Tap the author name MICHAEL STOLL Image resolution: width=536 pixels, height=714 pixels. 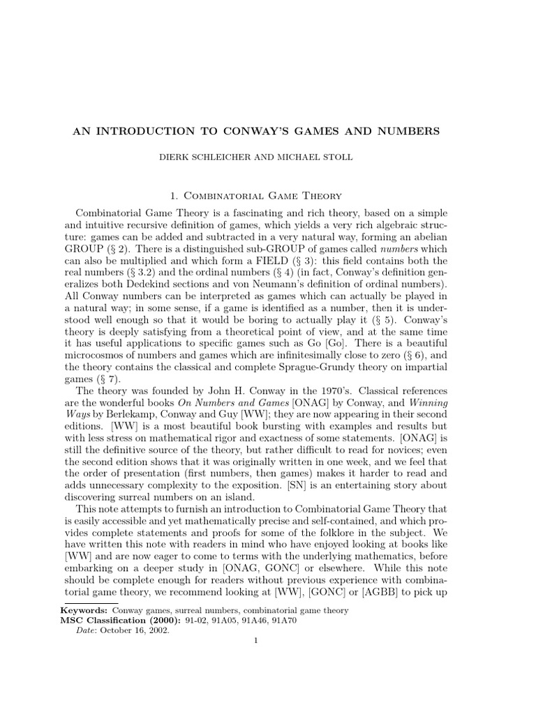[x=318, y=158]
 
